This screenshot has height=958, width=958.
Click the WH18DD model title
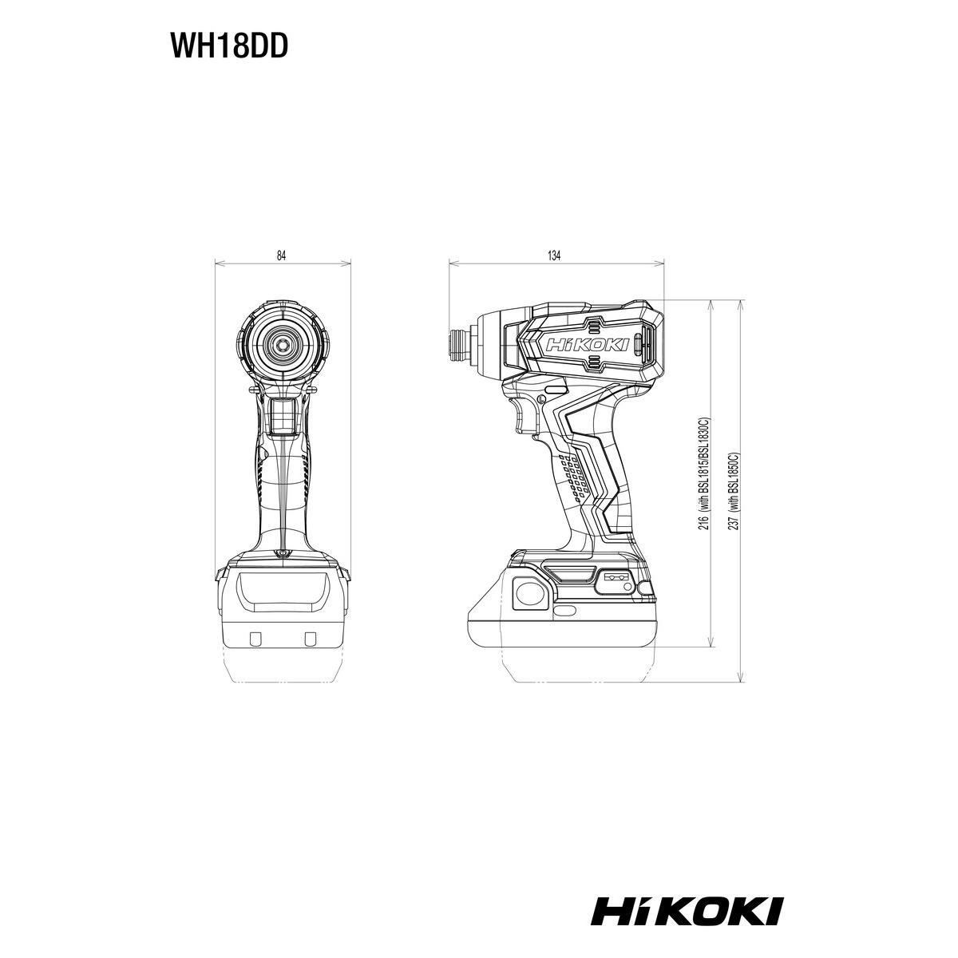click(229, 47)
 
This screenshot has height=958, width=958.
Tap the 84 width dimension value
click(281, 255)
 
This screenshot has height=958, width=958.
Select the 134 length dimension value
click(554, 255)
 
